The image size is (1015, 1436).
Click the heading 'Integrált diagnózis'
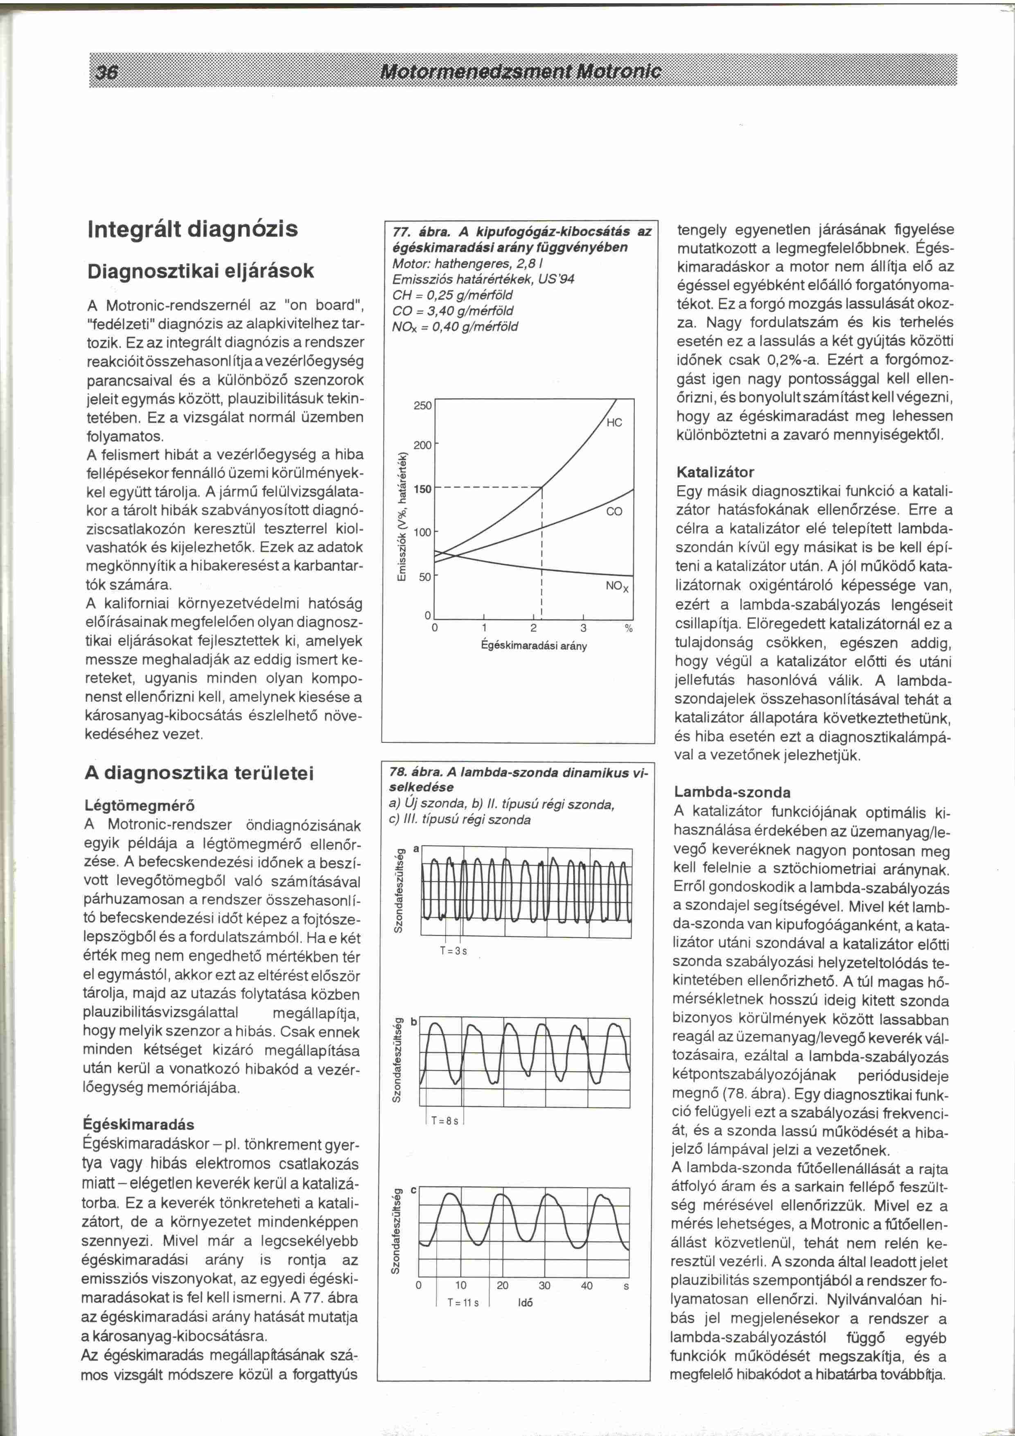[x=192, y=228]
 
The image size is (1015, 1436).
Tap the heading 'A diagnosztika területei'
[x=199, y=773]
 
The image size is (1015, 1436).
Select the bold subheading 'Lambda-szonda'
[x=724, y=792]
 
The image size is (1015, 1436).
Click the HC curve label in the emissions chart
[x=614, y=423]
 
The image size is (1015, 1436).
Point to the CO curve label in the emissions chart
[x=614, y=511]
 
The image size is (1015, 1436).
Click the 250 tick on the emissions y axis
[x=423, y=405]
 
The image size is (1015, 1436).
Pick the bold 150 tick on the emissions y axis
[x=423, y=488]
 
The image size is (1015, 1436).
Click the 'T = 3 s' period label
[x=454, y=951]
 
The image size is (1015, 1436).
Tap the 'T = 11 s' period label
[x=463, y=1303]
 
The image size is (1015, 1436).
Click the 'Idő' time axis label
[x=526, y=1303]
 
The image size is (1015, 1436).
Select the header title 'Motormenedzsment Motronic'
[x=520, y=71]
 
